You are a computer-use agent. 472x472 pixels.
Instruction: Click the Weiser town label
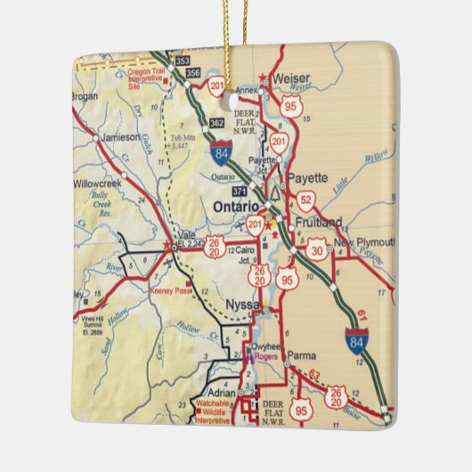(x=290, y=77)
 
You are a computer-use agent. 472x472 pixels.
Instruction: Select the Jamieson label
(x=120, y=137)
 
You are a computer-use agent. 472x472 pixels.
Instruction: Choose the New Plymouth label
(x=365, y=243)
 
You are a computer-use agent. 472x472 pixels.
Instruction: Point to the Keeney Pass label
(x=170, y=290)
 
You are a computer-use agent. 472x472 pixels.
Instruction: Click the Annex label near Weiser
(x=246, y=90)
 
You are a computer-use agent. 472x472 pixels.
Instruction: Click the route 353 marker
(x=183, y=61)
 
